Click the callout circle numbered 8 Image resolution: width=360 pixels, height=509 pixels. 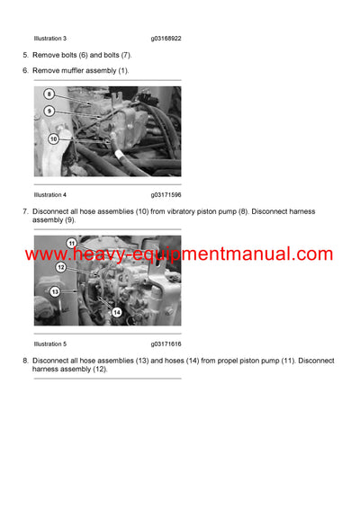coord(49,94)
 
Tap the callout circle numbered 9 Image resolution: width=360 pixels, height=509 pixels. coord(49,111)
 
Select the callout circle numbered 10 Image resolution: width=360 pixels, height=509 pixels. coord(53,139)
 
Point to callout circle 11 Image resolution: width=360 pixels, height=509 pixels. coord(72,244)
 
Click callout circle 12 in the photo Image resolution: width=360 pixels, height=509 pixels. coord(61,266)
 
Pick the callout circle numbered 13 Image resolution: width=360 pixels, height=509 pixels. coord(54,291)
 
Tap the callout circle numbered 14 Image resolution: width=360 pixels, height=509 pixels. coord(116,311)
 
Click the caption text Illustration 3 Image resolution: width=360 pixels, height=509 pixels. coord(50,39)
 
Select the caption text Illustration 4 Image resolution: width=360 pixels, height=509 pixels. coord(50,194)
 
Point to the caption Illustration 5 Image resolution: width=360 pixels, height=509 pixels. coord(50,344)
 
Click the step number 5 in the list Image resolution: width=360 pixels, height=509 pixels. coord(25,55)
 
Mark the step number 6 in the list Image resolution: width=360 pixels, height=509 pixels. coord(25,70)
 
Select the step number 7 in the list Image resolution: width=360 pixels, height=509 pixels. coord(25,211)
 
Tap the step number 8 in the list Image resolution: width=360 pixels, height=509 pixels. coord(25,361)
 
